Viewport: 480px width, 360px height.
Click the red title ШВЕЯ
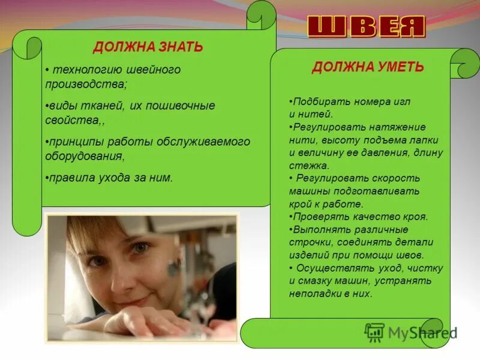click(367, 27)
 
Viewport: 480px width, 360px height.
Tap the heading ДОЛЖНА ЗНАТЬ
click(148, 47)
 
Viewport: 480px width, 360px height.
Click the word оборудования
click(84, 156)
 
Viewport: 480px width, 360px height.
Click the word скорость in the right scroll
click(395, 178)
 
